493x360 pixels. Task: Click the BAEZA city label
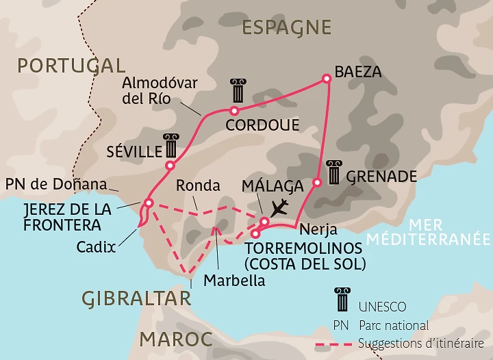tap(357, 70)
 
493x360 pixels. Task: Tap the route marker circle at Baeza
tap(327, 79)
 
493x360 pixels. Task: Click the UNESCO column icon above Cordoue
tap(238, 91)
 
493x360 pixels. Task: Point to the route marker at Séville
tap(169, 165)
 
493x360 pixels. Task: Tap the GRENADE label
tap(381, 177)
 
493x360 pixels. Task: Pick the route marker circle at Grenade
tap(317, 183)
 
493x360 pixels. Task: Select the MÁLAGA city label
tap(273, 186)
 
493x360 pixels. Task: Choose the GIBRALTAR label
tap(136, 298)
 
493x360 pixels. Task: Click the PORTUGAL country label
tap(71, 66)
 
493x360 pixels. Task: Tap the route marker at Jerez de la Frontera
tap(148, 203)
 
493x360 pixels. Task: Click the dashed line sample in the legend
tap(335, 344)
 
